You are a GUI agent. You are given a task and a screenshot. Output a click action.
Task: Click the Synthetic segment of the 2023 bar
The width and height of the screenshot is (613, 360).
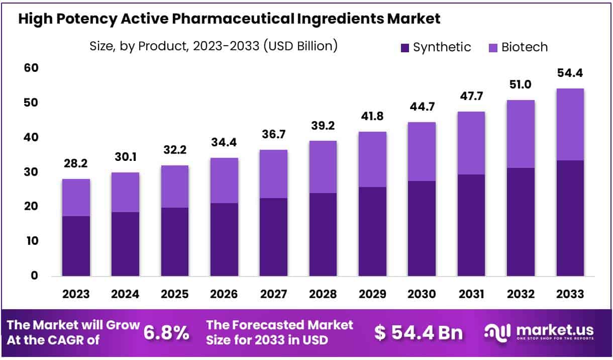(76, 246)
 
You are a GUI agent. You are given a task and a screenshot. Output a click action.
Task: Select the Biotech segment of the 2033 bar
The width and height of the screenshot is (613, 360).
(570, 124)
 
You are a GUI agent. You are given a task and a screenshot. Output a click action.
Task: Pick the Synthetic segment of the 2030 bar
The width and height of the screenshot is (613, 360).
(422, 228)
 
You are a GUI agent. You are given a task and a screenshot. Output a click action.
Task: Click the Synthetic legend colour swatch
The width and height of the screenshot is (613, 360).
(405, 48)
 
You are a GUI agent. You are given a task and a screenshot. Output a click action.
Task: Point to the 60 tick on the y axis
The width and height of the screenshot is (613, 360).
(31, 68)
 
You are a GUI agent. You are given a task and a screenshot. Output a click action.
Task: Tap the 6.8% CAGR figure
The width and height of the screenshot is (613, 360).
(166, 333)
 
